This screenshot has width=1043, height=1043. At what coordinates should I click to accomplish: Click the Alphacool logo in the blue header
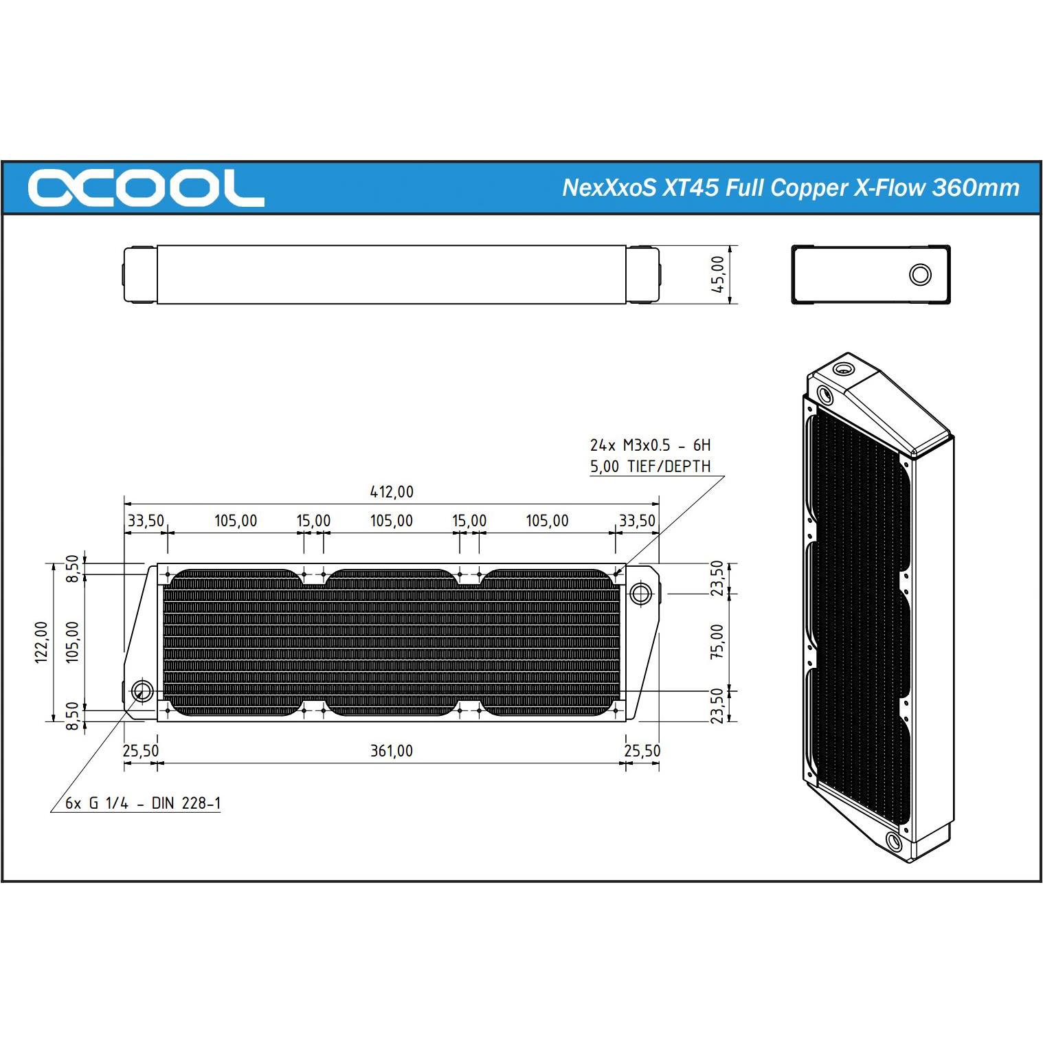click(x=146, y=188)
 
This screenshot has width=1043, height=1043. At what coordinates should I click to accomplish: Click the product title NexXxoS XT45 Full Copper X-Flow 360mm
click(x=790, y=188)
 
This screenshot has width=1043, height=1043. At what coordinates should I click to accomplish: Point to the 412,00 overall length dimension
click(x=392, y=492)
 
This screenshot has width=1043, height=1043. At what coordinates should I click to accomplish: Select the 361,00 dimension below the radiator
click(x=392, y=751)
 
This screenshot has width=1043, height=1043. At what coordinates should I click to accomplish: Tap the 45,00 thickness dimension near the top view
click(x=717, y=274)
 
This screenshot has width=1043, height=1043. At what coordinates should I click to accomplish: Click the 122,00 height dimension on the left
click(x=42, y=642)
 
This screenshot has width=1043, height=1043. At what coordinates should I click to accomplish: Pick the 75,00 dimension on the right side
click(x=717, y=642)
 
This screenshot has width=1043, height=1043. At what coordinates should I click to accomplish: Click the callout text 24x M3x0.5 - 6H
click(x=650, y=445)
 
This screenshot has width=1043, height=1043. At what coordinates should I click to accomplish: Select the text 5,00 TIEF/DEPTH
click(x=650, y=467)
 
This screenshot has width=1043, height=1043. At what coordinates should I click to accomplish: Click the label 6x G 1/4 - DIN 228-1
click(x=143, y=803)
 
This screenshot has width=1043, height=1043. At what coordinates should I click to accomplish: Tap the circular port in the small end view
click(x=919, y=275)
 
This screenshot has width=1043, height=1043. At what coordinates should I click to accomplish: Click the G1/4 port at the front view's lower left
click(x=142, y=691)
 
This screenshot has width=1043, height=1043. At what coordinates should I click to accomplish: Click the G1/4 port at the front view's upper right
click(x=640, y=593)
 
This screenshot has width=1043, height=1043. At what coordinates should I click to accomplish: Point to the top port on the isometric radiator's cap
click(x=843, y=369)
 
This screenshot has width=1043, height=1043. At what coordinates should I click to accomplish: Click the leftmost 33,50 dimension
click(x=146, y=521)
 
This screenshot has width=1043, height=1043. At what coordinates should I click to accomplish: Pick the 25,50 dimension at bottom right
click(x=642, y=751)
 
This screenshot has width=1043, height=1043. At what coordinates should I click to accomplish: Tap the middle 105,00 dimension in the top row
click(x=392, y=521)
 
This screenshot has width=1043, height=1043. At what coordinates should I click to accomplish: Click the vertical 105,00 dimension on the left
click(x=72, y=642)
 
